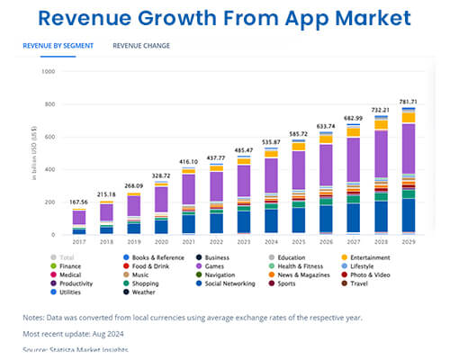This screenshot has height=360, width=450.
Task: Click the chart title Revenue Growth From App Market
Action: pyautogui.click(x=225, y=18)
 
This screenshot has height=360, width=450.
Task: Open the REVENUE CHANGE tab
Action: pyautogui.click(x=141, y=45)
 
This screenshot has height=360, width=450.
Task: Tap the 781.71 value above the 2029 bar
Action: pyautogui.click(x=409, y=101)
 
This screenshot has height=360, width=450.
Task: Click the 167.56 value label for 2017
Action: pyautogui.click(x=79, y=202)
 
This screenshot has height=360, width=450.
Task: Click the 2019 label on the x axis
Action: pyautogui.click(x=134, y=241)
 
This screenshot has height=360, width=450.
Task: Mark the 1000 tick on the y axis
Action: pyautogui.click(x=49, y=71)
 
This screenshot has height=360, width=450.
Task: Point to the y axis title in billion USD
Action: pyautogui.click(x=34, y=153)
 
